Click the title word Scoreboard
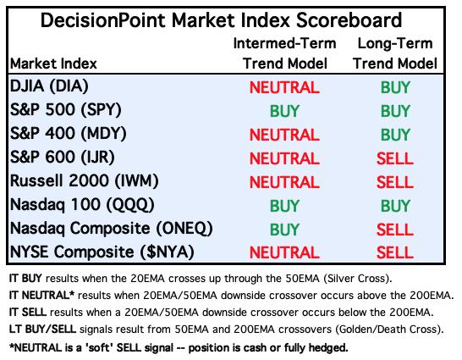coord(349,20)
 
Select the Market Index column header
coord(53,64)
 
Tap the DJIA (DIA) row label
coord(49,86)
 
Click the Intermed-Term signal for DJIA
coord(284,87)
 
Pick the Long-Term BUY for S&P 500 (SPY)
coord(395,111)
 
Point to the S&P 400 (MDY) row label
coord(69,134)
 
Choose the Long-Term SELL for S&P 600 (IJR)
coord(395,158)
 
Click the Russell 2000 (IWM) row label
coord(85,181)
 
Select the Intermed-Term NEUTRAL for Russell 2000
coord(284,182)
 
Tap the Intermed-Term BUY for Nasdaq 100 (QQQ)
coord(284,206)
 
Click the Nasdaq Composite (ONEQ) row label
coord(112,229)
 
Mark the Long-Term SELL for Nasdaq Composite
coord(395,230)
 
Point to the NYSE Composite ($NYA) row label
coord(102,252)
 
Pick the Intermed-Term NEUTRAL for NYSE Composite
coord(284,253)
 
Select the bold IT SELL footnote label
coord(28,312)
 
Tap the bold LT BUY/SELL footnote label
coord(42,329)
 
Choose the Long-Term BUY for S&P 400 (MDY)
coord(395,135)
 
